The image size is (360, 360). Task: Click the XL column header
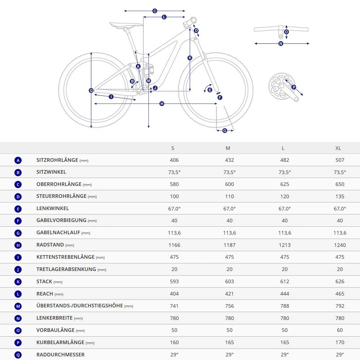pyautogui.click(x=338, y=148)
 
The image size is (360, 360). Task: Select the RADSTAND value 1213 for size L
pyautogui.click(x=285, y=245)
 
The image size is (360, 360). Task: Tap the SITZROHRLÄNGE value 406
pyautogui.click(x=174, y=160)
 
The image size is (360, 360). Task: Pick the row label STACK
pyautogui.click(x=44, y=281)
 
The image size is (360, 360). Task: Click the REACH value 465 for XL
pyautogui.click(x=340, y=294)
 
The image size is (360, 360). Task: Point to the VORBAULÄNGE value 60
pyautogui.click(x=340, y=330)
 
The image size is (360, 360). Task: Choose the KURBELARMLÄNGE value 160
pyautogui.click(x=174, y=342)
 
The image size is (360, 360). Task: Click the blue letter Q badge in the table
pyautogui.click(x=18, y=355)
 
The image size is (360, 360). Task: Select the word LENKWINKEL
pyautogui.click(x=53, y=208)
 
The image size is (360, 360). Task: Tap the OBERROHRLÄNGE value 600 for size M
pyautogui.click(x=230, y=184)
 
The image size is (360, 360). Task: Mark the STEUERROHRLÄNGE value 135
pyautogui.click(x=340, y=196)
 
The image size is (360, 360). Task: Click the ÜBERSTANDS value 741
pyautogui.click(x=174, y=306)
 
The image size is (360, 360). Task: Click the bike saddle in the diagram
pyautogui.click(x=126, y=25)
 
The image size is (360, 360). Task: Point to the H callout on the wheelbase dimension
pyautogui.click(x=162, y=104)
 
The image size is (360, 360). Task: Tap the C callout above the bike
pyautogui.click(x=155, y=11)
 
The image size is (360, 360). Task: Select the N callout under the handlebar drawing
pyautogui.click(x=281, y=44)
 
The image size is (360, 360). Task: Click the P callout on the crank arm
pyautogui.click(x=294, y=87)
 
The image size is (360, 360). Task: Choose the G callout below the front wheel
pyautogui.click(x=225, y=130)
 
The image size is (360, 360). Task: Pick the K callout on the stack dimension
pyautogui.click(x=190, y=58)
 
